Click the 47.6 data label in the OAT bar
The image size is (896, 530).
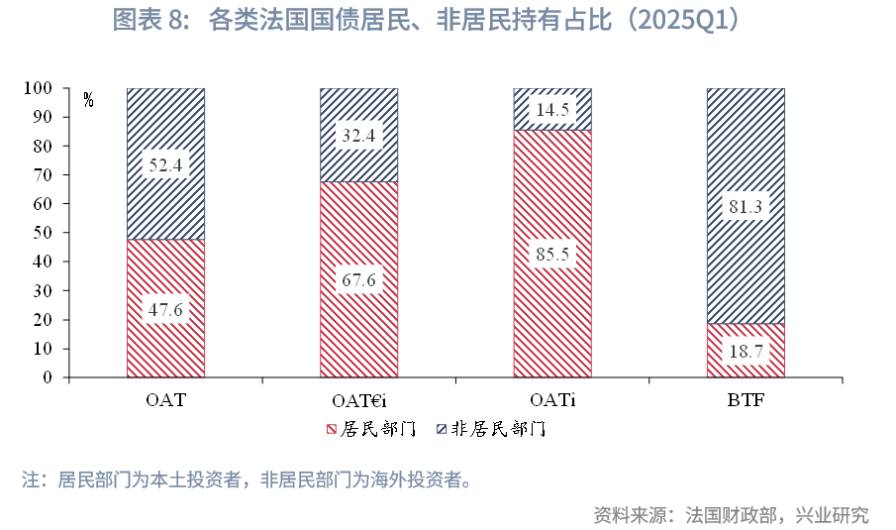165,309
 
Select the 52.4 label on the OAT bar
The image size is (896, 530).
165,165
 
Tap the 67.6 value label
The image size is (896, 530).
358,280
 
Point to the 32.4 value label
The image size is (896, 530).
358,136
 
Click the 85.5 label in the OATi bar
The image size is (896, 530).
551,254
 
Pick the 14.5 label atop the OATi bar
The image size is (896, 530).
551,110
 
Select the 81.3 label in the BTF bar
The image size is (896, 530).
745,206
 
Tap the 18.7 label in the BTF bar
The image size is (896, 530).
745,351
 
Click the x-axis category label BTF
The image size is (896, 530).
745,400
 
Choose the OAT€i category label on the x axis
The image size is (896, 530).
358,400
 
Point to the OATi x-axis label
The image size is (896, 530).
551,400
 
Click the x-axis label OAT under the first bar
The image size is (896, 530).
165,400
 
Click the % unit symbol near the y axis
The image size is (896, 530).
89,100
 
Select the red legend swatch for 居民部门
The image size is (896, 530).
332,430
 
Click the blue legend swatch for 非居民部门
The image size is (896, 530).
443,430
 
